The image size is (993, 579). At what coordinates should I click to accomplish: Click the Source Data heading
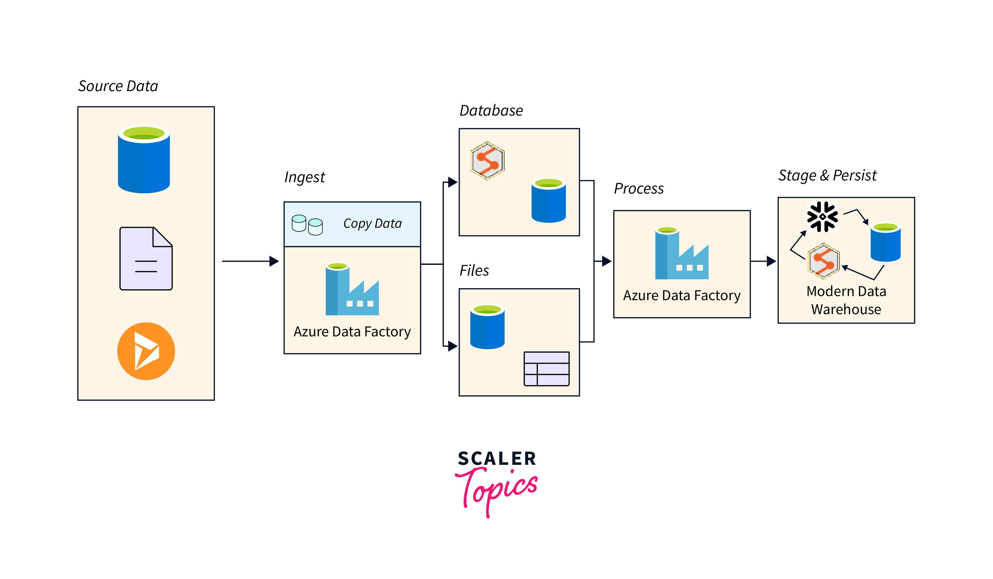pyautogui.click(x=118, y=86)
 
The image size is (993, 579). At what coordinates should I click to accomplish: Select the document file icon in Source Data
pyautogui.click(x=146, y=259)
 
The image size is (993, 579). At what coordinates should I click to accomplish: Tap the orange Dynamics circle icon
pyautogui.click(x=146, y=351)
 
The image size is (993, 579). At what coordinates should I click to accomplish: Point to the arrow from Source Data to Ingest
pyautogui.click(x=250, y=261)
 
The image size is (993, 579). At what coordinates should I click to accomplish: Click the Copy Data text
pyautogui.click(x=372, y=223)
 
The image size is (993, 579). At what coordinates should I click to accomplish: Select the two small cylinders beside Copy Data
pyautogui.click(x=307, y=225)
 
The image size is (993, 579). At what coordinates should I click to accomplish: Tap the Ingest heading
pyautogui.click(x=305, y=177)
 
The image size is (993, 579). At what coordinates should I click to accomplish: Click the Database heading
pyautogui.click(x=491, y=111)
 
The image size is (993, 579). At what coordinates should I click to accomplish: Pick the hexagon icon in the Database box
pyautogui.click(x=487, y=160)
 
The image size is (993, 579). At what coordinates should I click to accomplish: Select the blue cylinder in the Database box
pyautogui.click(x=548, y=201)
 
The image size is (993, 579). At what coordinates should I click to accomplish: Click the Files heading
pyautogui.click(x=474, y=270)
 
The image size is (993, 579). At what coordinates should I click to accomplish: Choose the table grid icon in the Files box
pyautogui.click(x=546, y=368)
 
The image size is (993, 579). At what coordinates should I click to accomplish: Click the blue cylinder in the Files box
pyautogui.click(x=487, y=327)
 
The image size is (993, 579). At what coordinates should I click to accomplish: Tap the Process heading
pyautogui.click(x=639, y=188)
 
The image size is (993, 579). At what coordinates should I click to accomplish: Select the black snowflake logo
pyautogui.click(x=822, y=216)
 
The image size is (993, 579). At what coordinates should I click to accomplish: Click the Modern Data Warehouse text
pyautogui.click(x=846, y=300)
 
